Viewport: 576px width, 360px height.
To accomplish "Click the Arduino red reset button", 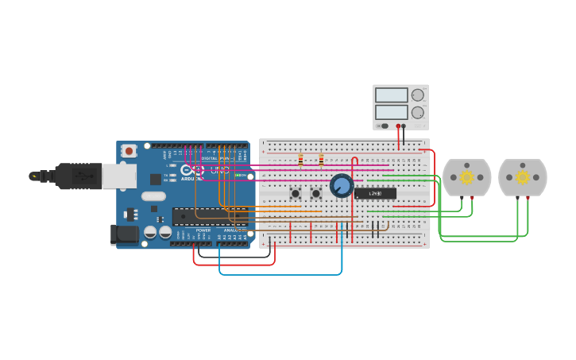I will pyautogui.click(x=129, y=149).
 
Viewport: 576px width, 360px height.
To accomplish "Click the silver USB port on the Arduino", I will pyautogui.click(x=118, y=176).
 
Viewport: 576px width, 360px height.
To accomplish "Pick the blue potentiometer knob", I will pyautogui.click(x=342, y=186).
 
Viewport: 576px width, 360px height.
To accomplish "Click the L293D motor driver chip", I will pyautogui.click(x=375, y=193).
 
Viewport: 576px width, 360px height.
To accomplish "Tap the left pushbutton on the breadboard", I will pyautogui.click(x=296, y=193).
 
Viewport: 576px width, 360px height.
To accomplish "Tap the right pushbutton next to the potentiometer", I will pyautogui.click(x=315, y=193).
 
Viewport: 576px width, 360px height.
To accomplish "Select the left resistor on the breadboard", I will pyautogui.click(x=300, y=161).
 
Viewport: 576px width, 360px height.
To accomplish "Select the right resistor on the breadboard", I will pyautogui.click(x=321, y=161).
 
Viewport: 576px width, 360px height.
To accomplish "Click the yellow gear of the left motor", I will pyautogui.click(x=466, y=177).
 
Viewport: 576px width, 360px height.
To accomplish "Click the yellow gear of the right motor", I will pyautogui.click(x=522, y=177).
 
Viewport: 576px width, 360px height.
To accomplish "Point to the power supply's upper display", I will pyautogui.click(x=391, y=95).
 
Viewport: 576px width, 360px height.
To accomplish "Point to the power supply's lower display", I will pyautogui.click(x=391, y=112).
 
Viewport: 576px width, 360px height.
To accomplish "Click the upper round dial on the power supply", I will pyautogui.click(x=418, y=95).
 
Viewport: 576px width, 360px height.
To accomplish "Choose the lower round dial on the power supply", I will pyautogui.click(x=418, y=112).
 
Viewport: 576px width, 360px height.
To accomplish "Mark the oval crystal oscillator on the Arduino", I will pyautogui.click(x=154, y=196).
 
